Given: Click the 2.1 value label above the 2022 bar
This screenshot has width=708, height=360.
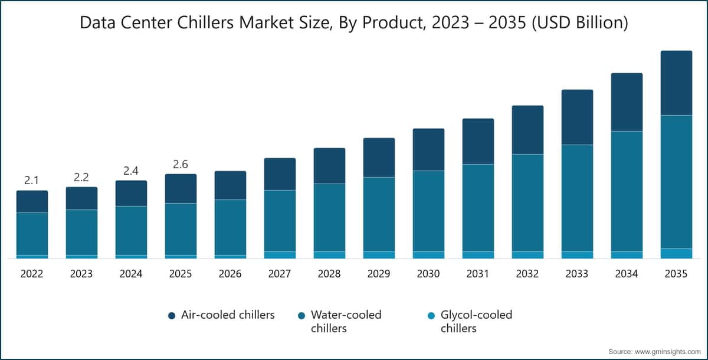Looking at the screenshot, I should pos(32,181).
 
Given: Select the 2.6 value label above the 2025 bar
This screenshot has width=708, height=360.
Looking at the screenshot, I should pos(181,164).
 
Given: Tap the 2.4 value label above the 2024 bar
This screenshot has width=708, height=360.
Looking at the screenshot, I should pos(131,171).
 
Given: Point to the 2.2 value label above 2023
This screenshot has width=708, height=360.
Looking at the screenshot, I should pos(81,177).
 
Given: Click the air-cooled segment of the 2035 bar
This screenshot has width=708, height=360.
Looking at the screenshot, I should pos(676,83).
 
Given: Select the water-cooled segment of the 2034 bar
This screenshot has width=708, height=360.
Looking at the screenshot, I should pos(627,191).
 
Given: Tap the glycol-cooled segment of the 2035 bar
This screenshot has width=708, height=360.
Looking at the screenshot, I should pos(676,254).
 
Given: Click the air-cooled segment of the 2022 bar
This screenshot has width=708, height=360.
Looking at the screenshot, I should pos(32,201).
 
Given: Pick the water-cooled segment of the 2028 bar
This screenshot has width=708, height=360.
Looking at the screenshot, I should pos(329,217).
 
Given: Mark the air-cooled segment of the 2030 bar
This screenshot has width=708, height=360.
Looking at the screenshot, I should pos(428,149).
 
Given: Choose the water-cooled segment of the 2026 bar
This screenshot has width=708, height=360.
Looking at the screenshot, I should pos(230,227).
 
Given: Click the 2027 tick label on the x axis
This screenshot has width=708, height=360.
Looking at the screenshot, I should pos(280,274).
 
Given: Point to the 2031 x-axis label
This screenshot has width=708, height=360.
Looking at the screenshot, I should pos(478,274).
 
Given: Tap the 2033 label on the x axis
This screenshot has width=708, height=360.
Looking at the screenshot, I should pos(577,274).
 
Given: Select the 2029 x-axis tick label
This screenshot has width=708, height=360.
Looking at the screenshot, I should pos(379,274).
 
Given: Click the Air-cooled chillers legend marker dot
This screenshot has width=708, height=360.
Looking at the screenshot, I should pos(172,316).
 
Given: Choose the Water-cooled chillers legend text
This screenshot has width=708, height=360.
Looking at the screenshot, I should pos(346,321).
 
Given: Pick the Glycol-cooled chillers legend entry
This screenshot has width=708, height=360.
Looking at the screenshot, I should pos(476,321).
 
